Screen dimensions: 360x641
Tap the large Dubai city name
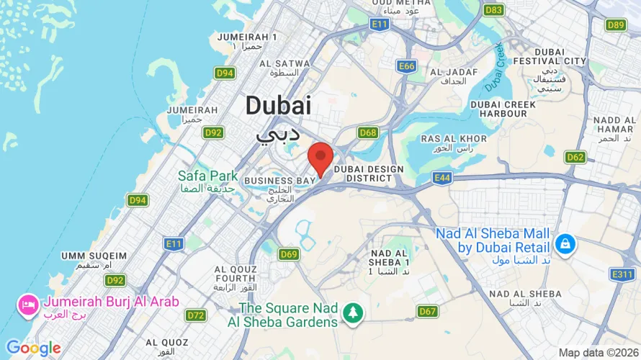278,105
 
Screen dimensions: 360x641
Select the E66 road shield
407,66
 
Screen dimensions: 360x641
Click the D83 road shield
494,10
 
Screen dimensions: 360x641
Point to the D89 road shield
616,24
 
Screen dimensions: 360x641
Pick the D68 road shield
368,132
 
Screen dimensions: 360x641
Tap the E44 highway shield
442,176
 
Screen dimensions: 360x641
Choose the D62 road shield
575,157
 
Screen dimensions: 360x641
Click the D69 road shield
289,253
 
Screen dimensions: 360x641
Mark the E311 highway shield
622,274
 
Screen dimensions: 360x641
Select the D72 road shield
196,315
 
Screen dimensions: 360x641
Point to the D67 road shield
428,311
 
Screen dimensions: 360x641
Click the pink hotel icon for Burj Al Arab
30,304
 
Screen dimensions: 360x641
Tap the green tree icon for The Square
353,312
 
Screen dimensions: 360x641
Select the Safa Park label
208,175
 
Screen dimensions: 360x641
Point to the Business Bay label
280,180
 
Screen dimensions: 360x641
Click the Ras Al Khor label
454,139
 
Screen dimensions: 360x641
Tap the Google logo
34,348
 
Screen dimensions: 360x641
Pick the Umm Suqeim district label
94,256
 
